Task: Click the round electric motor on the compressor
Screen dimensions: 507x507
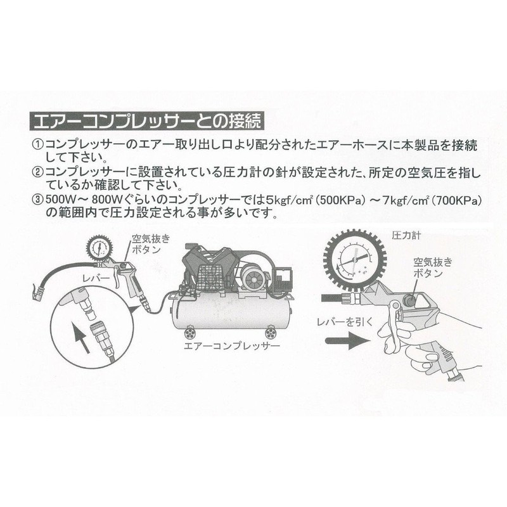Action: pyautogui.click(x=252, y=279)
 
